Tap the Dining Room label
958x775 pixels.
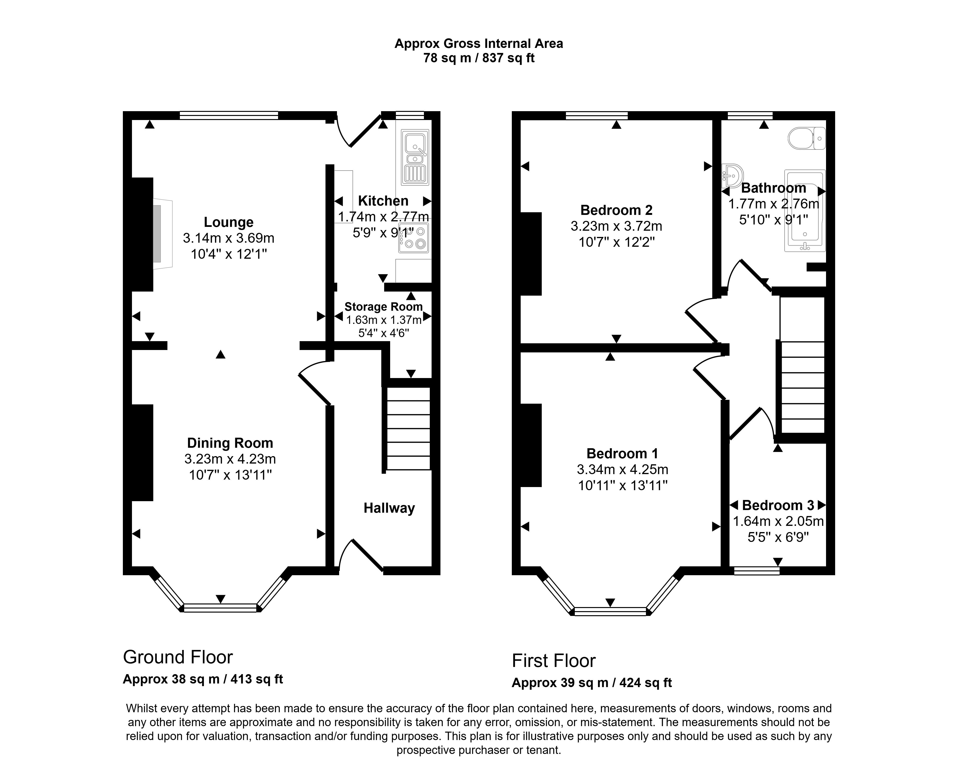(230, 443)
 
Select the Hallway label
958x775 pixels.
(389, 508)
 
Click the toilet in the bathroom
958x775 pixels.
(807, 138)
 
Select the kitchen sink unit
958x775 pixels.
(415, 157)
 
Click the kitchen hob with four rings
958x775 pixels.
(414, 238)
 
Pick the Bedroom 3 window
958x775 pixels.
(757, 571)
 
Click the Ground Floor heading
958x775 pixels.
(177, 658)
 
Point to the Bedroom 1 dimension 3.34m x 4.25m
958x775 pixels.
(622, 469)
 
